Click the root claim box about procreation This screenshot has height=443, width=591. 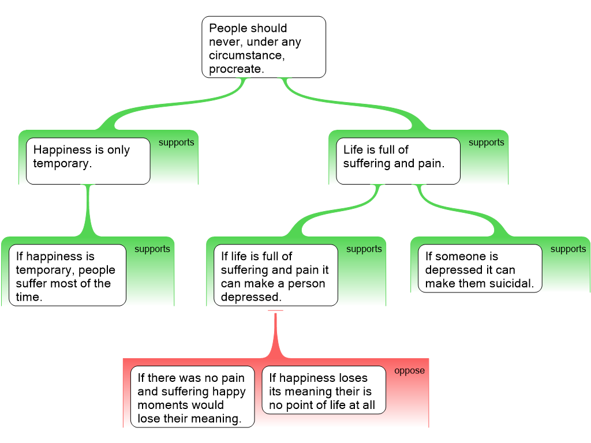[x=264, y=47]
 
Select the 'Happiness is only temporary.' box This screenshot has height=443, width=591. [x=88, y=161]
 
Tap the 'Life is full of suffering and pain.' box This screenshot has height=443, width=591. [x=398, y=161]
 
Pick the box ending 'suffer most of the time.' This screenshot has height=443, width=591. [x=67, y=275]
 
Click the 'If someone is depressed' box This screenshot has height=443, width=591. [x=480, y=269]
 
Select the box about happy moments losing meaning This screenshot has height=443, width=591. [x=192, y=397]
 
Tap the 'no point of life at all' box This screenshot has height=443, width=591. [x=323, y=390]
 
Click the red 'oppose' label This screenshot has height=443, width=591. [x=409, y=371]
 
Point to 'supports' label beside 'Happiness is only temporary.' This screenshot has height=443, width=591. [x=176, y=142]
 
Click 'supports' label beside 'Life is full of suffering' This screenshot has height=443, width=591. [x=486, y=142]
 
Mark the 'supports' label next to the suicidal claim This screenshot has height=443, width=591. [x=568, y=249]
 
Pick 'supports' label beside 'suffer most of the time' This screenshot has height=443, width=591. [x=152, y=249]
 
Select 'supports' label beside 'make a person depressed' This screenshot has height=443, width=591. [x=364, y=249]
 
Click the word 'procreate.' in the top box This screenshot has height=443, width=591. [x=236, y=69]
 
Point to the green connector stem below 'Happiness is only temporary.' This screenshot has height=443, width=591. [x=88, y=211]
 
